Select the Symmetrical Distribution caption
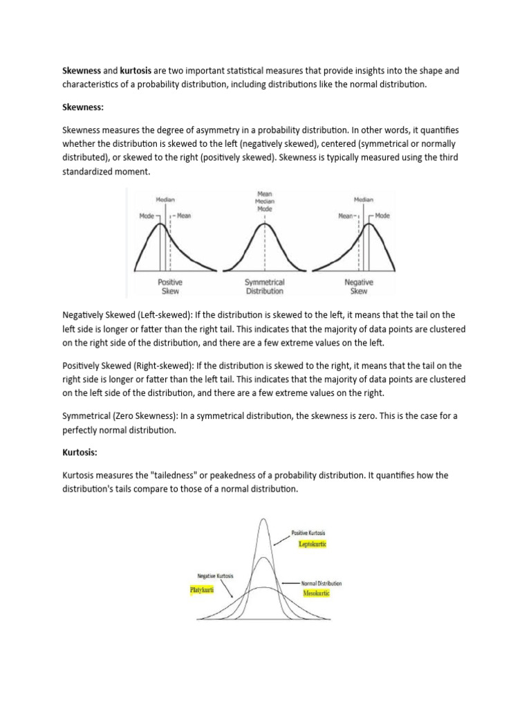coord(265,287)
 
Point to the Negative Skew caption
coord(360,287)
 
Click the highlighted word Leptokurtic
coord(313,545)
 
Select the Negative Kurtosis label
coord(216,576)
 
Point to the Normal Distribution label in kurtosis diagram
coord(322,584)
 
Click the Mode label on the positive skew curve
coord(147,216)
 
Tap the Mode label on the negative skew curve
coord(382,216)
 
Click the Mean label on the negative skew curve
coord(346,216)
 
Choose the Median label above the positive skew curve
coord(165,199)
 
